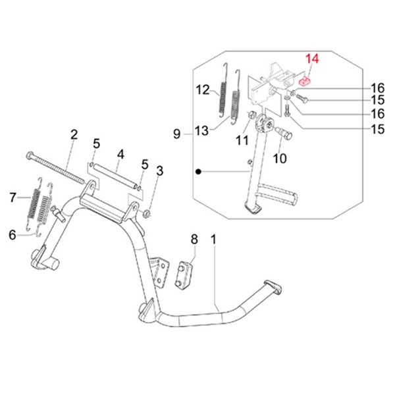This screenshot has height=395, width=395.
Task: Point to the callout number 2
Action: [74, 135]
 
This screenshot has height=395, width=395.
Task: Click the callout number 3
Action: [159, 172]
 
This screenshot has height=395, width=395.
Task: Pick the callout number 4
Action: [120, 156]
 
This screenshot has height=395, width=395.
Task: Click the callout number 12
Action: [202, 89]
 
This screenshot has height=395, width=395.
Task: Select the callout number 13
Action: [202, 131]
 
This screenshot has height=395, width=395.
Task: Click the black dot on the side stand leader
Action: [197, 172]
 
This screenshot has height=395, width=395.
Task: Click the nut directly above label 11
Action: [251, 117]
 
